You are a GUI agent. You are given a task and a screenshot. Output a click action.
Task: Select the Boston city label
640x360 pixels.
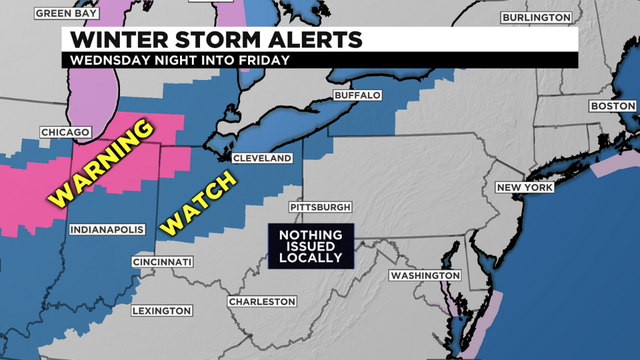coord(613,106)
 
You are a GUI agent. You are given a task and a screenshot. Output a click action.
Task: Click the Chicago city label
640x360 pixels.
coord(66,132)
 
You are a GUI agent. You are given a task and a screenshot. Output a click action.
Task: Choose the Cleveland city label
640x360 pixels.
coord(262,159)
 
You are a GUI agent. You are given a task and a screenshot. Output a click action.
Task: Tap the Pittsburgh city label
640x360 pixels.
coord(319,207)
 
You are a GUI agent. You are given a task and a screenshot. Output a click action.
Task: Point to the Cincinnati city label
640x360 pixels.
coord(162,262)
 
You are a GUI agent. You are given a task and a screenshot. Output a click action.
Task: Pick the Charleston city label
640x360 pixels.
coord(262,301)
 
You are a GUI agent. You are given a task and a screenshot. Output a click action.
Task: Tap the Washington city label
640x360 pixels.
coord(424,275)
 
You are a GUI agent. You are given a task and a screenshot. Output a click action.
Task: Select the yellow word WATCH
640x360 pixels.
coord(199,204)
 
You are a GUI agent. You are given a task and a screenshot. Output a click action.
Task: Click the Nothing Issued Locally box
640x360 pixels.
coord(311,246)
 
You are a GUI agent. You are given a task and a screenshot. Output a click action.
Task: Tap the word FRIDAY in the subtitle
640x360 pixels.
coord(262,59)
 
